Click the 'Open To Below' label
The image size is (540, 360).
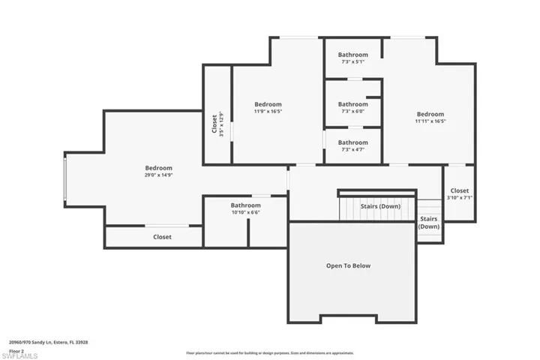[x=347, y=265]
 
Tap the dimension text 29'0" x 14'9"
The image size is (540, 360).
[x=158, y=175]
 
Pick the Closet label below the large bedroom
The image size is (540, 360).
[x=162, y=236]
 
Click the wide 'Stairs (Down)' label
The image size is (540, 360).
[x=379, y=206]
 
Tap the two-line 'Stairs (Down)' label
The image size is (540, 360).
[x=428, y=222]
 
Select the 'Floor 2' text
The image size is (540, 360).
[x=16, y=349]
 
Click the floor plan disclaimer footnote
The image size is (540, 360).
[x=270, y=352]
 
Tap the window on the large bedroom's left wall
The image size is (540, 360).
[x=65, y=180]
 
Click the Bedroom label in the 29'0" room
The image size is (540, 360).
[x=158, y=168]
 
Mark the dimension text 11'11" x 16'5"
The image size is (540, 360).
[x=430, y=121]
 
